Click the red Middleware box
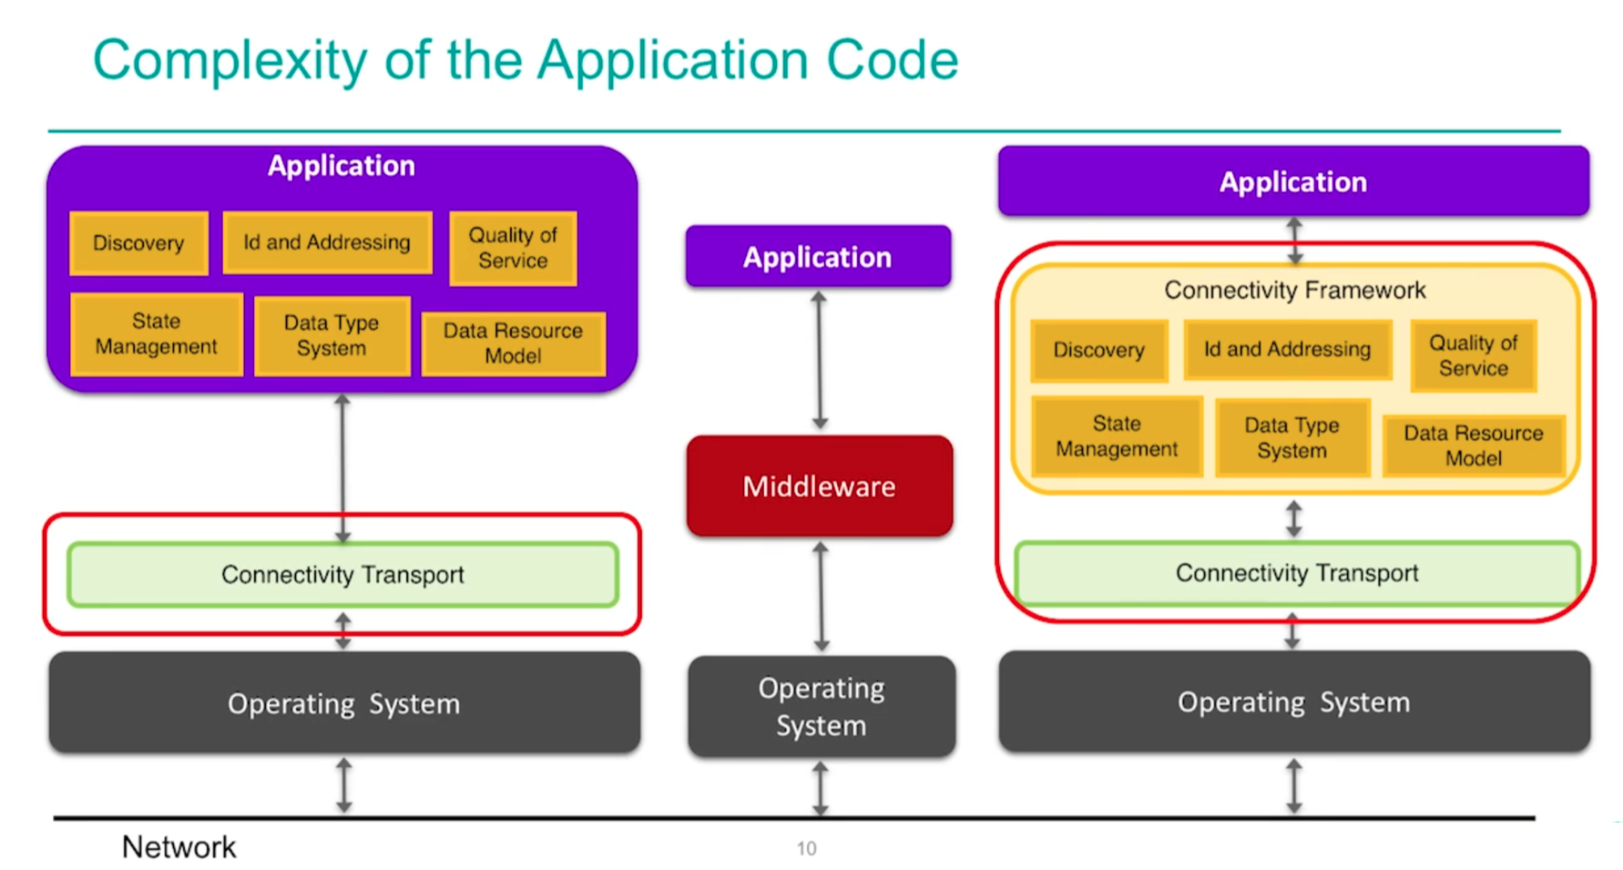820,486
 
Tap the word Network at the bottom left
179,847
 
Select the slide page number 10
806,848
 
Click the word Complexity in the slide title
230,61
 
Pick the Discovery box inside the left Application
138,243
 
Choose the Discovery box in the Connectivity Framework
1099,350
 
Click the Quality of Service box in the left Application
513,248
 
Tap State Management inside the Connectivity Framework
1117,436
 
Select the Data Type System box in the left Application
332,335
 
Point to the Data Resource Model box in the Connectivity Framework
1474,445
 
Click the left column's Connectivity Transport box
343,575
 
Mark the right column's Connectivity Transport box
1297,573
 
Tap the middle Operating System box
822,707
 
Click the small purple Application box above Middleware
818,257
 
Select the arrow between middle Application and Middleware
820,361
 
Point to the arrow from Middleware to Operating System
822,597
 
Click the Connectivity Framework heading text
1294,290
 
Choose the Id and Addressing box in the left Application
327,242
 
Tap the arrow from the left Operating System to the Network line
343,784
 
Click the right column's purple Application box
1293,181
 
